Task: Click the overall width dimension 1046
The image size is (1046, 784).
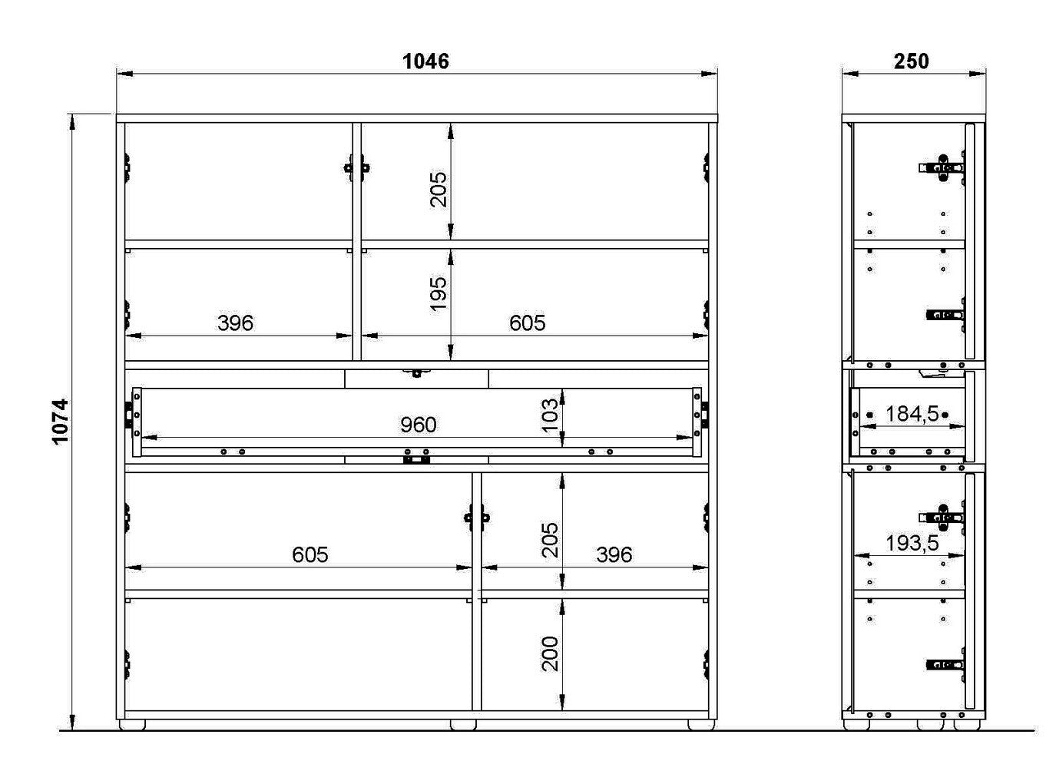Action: click(x=425, y=61)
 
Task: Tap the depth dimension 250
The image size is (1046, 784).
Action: click(x=911, y=61)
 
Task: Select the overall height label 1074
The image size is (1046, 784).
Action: click(x=61, y=422)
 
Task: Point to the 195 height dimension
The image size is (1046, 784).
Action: click(x=438, y=294)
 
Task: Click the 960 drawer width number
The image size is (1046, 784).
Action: click(x=418, y=425)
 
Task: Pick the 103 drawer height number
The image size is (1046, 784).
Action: click(x=550, y=415)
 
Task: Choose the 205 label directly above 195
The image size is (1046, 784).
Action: click(x=438, y=190)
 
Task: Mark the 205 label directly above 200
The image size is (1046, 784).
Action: click(x=550, y=540)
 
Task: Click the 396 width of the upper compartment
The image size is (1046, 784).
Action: click(x=236, y=323)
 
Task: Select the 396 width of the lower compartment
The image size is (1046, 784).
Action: click(x=614, y=555)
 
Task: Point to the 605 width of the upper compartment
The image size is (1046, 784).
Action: click(x=527, y=323)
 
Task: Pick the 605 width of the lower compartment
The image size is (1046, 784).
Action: click(x=309, y=555)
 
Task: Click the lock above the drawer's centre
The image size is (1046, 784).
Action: click(x=416, y=373)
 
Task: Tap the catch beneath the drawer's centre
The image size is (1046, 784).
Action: click(x=416, y=460)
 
